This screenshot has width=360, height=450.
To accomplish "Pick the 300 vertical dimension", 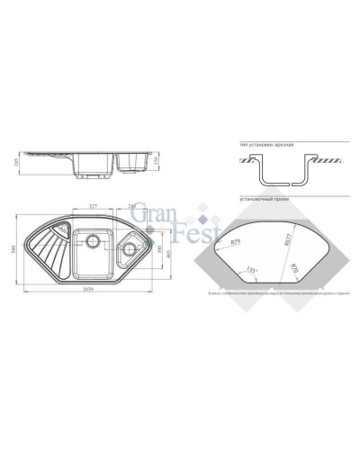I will (x=158, y=249).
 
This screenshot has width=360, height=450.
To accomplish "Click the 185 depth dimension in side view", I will (x=19, y=161).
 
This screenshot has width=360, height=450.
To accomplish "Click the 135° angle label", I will (x=248, y=269).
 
